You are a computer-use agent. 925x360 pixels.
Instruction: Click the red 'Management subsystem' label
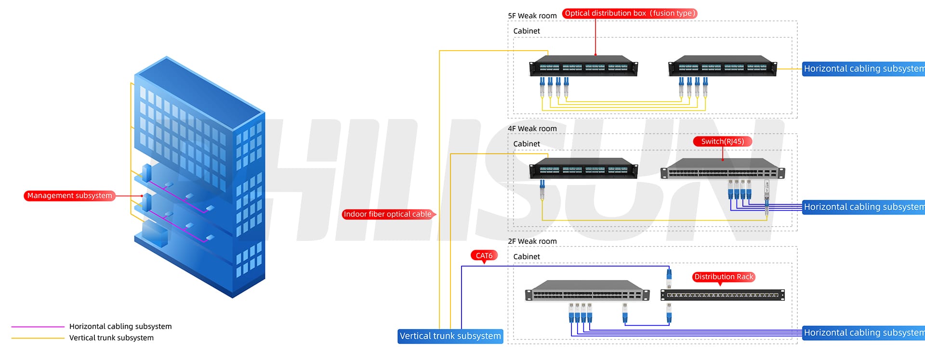(69, 196)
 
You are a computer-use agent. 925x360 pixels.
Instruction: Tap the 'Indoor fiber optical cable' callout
(387, 214)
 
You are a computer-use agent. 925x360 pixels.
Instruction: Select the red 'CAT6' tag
(484, 255)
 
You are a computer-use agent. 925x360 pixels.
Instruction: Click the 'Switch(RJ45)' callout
(722, 141)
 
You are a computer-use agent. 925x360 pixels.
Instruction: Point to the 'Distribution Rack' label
(723, 277)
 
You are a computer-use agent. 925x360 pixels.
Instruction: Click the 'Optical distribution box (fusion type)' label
(629, 13)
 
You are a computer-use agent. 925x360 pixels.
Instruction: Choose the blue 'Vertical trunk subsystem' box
(450, 336)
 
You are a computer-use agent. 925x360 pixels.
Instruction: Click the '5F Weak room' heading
(532, 16)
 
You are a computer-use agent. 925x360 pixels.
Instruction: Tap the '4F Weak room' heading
(532, 129)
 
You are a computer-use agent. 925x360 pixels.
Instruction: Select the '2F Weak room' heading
(532, 241)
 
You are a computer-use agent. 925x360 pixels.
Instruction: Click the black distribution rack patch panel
(722, 295)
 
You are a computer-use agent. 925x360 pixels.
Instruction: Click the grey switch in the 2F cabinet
(587, 291)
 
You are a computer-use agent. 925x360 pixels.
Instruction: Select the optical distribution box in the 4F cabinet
(583, 168)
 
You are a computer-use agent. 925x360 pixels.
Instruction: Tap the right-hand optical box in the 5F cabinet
(722, 66)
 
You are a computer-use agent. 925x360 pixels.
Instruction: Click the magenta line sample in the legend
(38, 327)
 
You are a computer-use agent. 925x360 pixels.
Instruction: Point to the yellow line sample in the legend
(38, 338)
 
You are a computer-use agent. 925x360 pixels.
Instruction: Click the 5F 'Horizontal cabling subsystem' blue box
(863, 68)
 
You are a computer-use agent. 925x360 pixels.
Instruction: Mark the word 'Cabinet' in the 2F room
(526, 257)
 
